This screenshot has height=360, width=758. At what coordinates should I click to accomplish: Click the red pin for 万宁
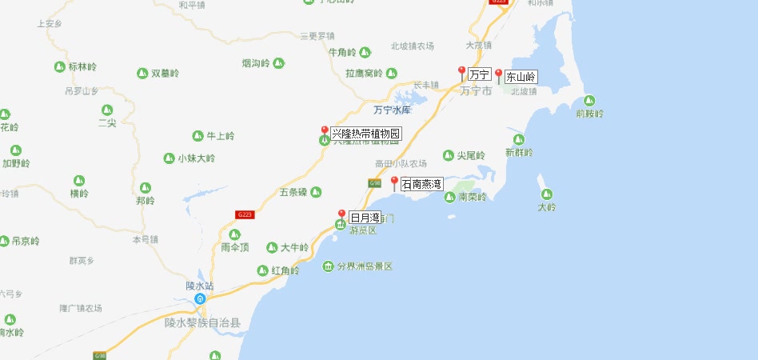click(x=461, y=74)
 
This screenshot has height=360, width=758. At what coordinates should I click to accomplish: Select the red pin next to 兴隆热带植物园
click(x=324, y=132)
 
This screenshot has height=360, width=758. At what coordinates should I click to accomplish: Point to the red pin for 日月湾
click(x=341, y=215)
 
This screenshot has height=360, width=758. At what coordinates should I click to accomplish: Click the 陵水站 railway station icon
click(x=200, y=298)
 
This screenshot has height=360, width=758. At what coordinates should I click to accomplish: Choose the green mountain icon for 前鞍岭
click(x=589, y=101)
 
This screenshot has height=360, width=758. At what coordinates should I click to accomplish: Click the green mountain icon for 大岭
click(x=547, y=194)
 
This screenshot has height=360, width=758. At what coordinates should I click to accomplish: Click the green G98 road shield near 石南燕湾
click(x=374, y=184)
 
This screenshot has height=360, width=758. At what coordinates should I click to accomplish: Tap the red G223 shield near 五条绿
click(x=245, y=214)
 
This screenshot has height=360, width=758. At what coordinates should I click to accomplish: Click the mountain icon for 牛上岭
click(x=197, y=136)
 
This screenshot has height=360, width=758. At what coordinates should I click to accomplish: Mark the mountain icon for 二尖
click(x=107, y=110)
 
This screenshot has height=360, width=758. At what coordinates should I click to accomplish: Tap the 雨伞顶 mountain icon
click(x=234, y=234)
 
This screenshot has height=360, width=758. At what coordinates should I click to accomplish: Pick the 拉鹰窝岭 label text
click(x=364, y=74)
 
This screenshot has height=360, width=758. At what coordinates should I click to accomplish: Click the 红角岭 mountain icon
click(x=262, y=270)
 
